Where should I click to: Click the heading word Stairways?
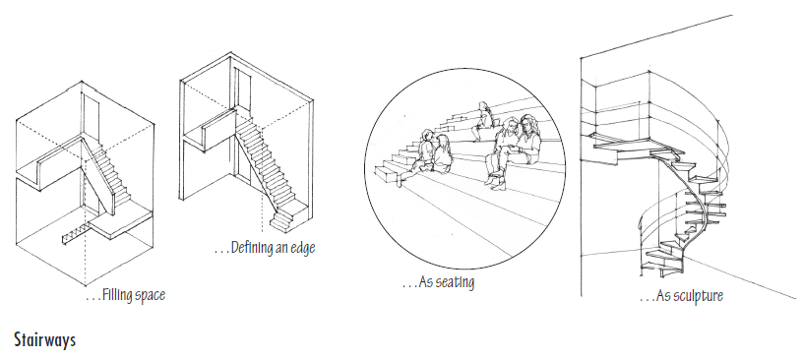click(45, 340)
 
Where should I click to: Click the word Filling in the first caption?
click(117, 295)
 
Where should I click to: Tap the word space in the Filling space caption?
click(150, 296)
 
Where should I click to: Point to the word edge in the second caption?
click(303, 248)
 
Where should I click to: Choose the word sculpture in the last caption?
click(698, 295)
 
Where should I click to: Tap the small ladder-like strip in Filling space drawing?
click(76, 234)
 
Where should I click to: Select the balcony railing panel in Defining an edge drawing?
click(219, 130)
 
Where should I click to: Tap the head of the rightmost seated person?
click(528, 125)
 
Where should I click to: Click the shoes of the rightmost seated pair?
click(496, 181)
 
